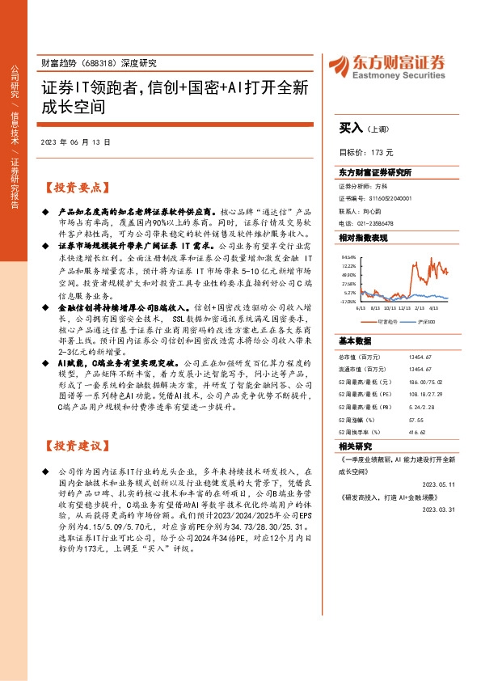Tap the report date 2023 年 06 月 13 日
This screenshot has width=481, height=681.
pyautogui.click(x=74, y=142)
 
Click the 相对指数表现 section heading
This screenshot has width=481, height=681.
pyautogui.click(x=363, y=238)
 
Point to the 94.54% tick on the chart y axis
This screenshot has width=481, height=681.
pyautogui.click(x=348, y=256)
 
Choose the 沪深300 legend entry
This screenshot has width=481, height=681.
pyautogui.click(x=424, y=320)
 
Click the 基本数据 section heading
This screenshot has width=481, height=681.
pyautogui.click(x=356, y=340)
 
